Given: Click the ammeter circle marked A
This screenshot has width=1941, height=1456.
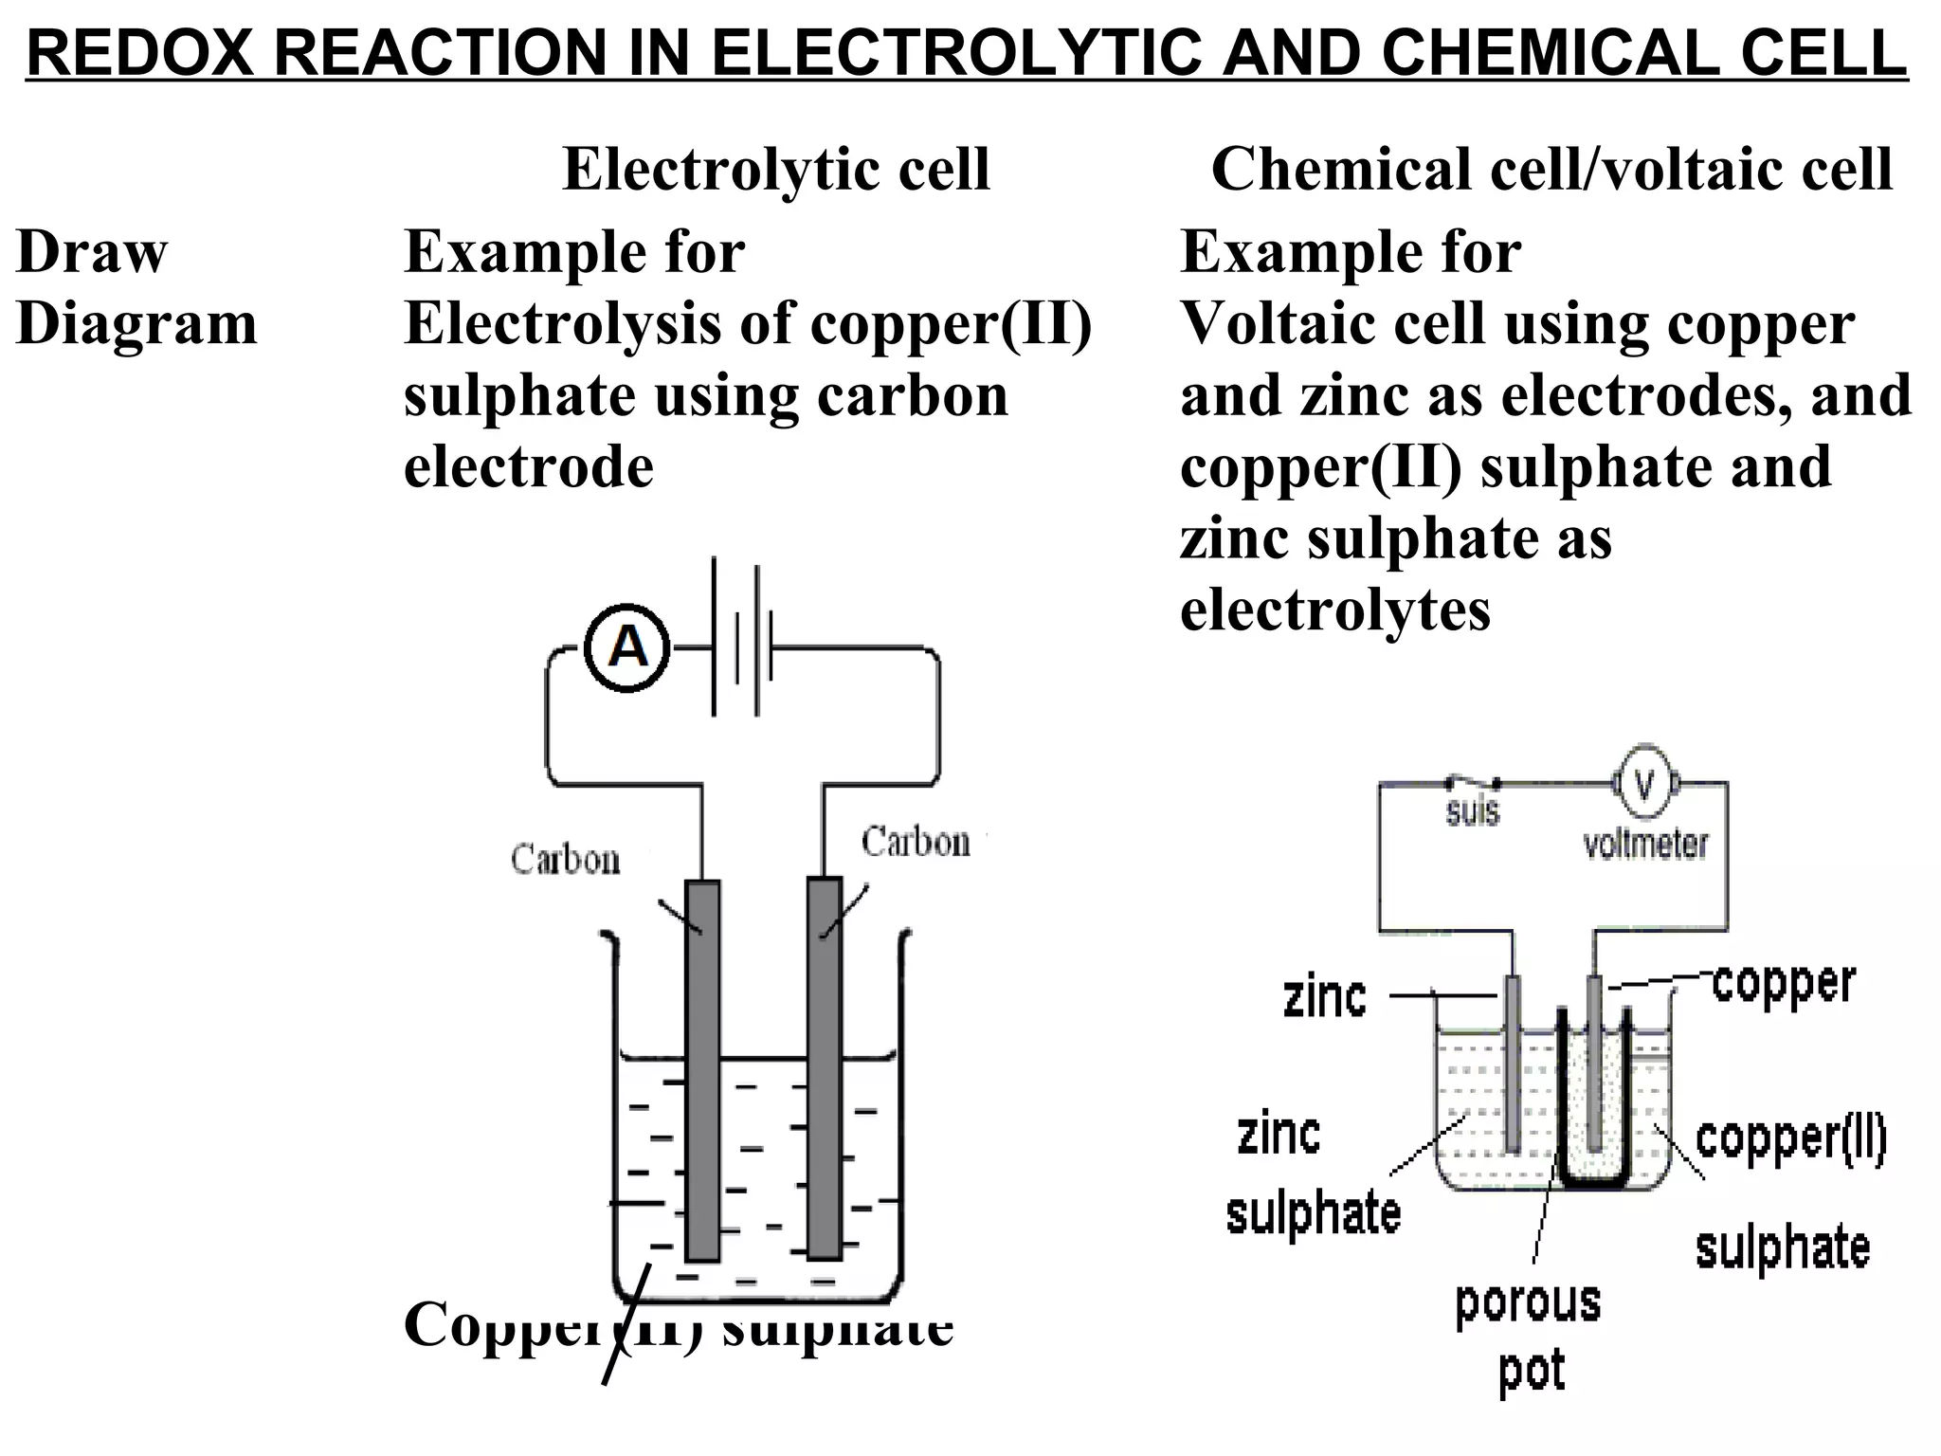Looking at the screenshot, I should (x=627, y=649).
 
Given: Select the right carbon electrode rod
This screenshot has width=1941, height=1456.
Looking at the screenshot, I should (x=825, y=1067).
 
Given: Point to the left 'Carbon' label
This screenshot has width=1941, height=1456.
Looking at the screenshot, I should (x=566, y=859).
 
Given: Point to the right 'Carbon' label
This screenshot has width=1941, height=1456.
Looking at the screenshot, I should (x=916, y=842).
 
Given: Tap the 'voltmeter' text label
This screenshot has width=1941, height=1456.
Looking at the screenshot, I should (x=1645, y=844).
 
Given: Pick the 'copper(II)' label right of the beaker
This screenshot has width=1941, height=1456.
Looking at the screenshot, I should (x=1790, y=1139).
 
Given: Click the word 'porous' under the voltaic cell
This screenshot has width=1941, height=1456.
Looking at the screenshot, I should (x=1528, y=1302).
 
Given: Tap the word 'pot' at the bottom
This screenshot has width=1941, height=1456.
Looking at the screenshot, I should (x=1532, y=1372).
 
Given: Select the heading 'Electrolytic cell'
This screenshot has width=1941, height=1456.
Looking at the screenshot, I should (x=776, y=170).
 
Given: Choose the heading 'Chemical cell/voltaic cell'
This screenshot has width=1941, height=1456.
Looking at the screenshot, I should (x=1551, y=170).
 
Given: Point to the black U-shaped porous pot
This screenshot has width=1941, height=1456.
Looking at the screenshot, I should (x=1595, y=1180).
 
